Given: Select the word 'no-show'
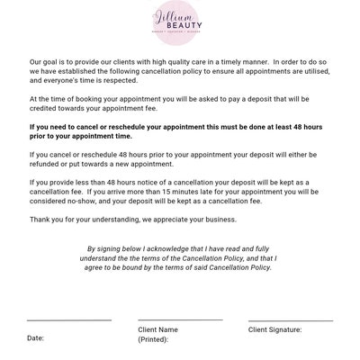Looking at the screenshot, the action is pyautogui.click(x=90, y=202).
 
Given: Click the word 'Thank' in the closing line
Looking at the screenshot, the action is pyautogui.click(x=40, y=219).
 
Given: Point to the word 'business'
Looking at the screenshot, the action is pyautogui.click(x=219, y=219).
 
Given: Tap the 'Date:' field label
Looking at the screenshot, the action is pyautogui.click(x=36, y=338).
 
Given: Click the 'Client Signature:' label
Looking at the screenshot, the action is pyautogui.click(x=275, y=329).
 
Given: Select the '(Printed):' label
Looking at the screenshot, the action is pyautogui.click(x=154, y=340).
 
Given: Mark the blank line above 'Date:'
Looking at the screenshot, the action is pyautogui.click(x=69, y=320).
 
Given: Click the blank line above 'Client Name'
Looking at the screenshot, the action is pyautogui.click(x=180, y=319).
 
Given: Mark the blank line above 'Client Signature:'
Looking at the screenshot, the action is pyautogui.click(x=290, y=320).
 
